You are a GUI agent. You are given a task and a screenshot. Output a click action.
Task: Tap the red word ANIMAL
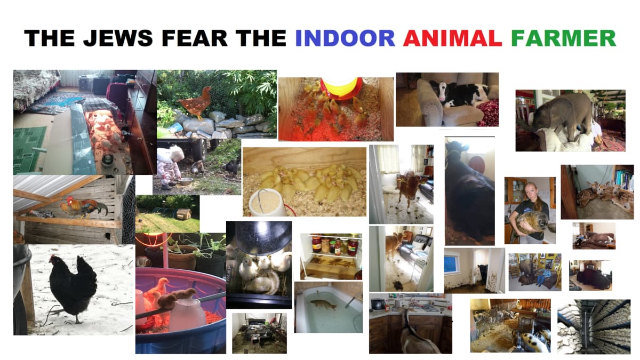[453, 38]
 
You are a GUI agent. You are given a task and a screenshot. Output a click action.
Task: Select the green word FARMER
[563, 38]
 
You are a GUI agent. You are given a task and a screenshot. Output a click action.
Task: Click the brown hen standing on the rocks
[195, 101]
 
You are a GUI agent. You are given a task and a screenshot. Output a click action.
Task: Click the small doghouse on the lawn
[184, 214]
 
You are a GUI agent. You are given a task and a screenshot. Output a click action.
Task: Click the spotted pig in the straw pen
[529, 339]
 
